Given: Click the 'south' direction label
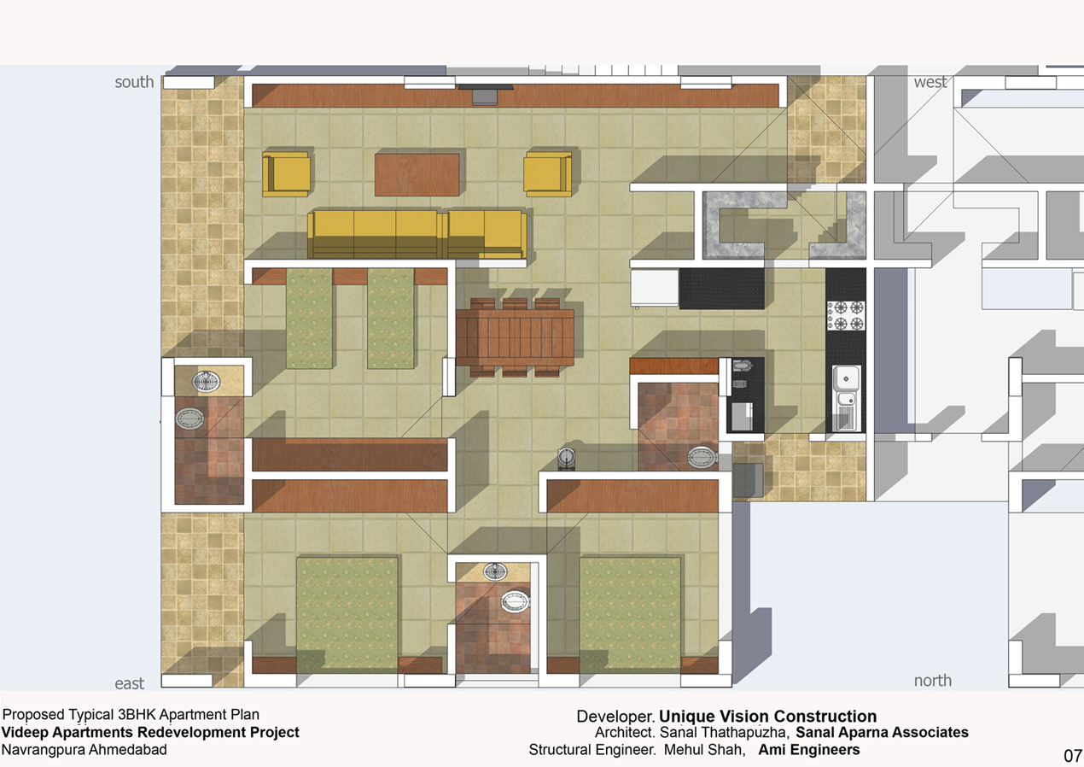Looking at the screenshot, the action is pyautogui.click(x=134, y=82).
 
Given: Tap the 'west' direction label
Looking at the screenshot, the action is pyautogui.click(x=930, y=82).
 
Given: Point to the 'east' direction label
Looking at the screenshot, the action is pyautogui.click(x=129, y=683).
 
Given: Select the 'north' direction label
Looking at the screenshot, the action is pyautogui.click(x=933, y=681).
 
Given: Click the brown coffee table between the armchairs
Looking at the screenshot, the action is pyautogui.click(x=417, y=175).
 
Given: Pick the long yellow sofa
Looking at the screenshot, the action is pyautogui.click(x=417, y=234).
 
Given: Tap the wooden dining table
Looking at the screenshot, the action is pyautogui.click(x=515, y=337).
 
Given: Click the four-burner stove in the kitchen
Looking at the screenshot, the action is pyautogui.click(x=845, y=315).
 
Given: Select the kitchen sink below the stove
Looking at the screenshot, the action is pyautogui.click(x=846, y=398).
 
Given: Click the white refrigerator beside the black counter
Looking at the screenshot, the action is pyautogui.click(x=655, y=288).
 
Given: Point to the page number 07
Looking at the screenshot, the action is pyautogui.click(x=1073, y=755).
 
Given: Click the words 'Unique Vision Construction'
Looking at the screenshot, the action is pyautogui.click(x=767, y=716).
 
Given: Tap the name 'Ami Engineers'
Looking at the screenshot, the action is pyautogui.click(x=808, y=750).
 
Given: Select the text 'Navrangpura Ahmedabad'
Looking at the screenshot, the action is pyautogui.click(x=85, y=750).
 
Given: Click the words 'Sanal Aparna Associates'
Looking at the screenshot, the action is pyautogui.click(x=882, y=732).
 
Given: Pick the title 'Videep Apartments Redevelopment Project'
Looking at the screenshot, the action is pyautogui.click(x=150, y=732).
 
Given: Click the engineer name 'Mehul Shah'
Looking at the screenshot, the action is pyautogui.click(x=703, y=750).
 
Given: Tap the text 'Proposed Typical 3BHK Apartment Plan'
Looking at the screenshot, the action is pyautogui.click(x=131, y=715).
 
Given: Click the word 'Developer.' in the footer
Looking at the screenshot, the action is pyautogui.click(x=615, y=717).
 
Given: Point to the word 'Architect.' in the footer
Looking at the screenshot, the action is pyautogui.click(x=626, y=733).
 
